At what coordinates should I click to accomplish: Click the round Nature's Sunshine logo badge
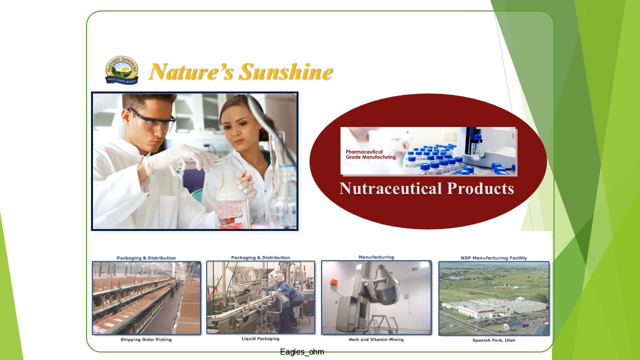coord(122,70)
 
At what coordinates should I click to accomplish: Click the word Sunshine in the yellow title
coord(286,71)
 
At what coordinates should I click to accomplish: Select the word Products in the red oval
coord(480,188)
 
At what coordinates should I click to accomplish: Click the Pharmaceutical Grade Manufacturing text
coord(370,154)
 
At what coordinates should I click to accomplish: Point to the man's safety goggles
coord(151,119)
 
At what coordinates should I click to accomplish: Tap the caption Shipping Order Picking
coord(146,339)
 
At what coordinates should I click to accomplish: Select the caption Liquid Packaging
coord(260,338)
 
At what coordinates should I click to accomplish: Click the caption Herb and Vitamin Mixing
coord(376,339)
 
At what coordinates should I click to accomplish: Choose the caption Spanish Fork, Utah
coord(493,340)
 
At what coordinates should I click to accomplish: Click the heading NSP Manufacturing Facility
coord(493,258)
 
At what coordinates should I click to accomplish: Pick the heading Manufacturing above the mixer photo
coord(376,257)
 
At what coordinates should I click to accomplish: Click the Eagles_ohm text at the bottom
coord(302,351)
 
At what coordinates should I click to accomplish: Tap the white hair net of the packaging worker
coord(279,277)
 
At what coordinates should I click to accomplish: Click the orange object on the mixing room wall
coord(333,281)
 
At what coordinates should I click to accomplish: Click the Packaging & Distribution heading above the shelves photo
coord(146,258)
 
